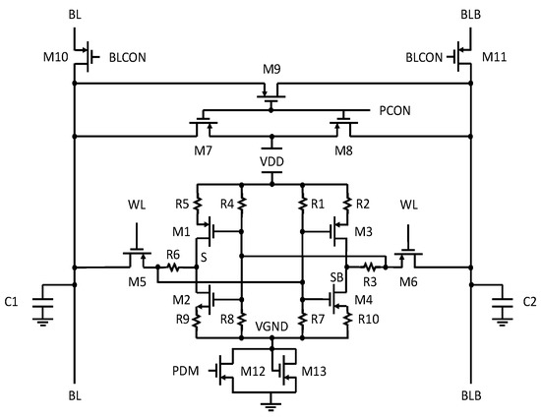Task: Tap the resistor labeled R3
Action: [372, 266]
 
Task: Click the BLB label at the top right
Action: [470, 17]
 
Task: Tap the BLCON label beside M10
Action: [129, 58]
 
